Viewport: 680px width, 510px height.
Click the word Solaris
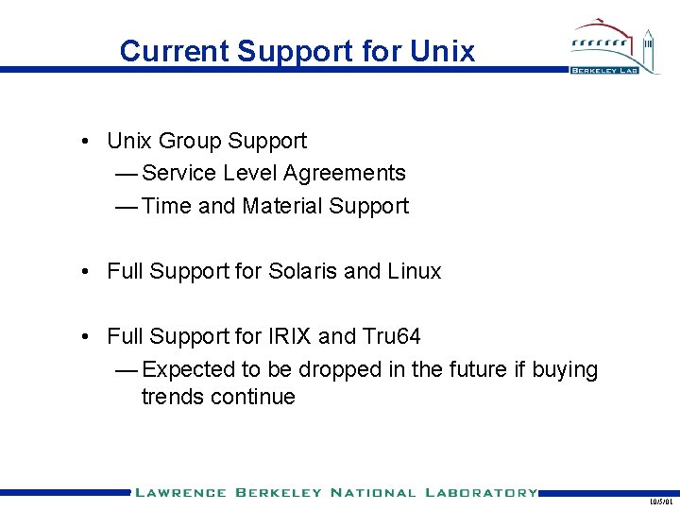303,272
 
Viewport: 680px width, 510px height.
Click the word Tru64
390,336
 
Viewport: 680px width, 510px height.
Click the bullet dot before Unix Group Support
85,142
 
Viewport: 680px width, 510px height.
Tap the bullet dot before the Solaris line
85,272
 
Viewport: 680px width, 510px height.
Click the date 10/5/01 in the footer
661,502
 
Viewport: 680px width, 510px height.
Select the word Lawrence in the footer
179,492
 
